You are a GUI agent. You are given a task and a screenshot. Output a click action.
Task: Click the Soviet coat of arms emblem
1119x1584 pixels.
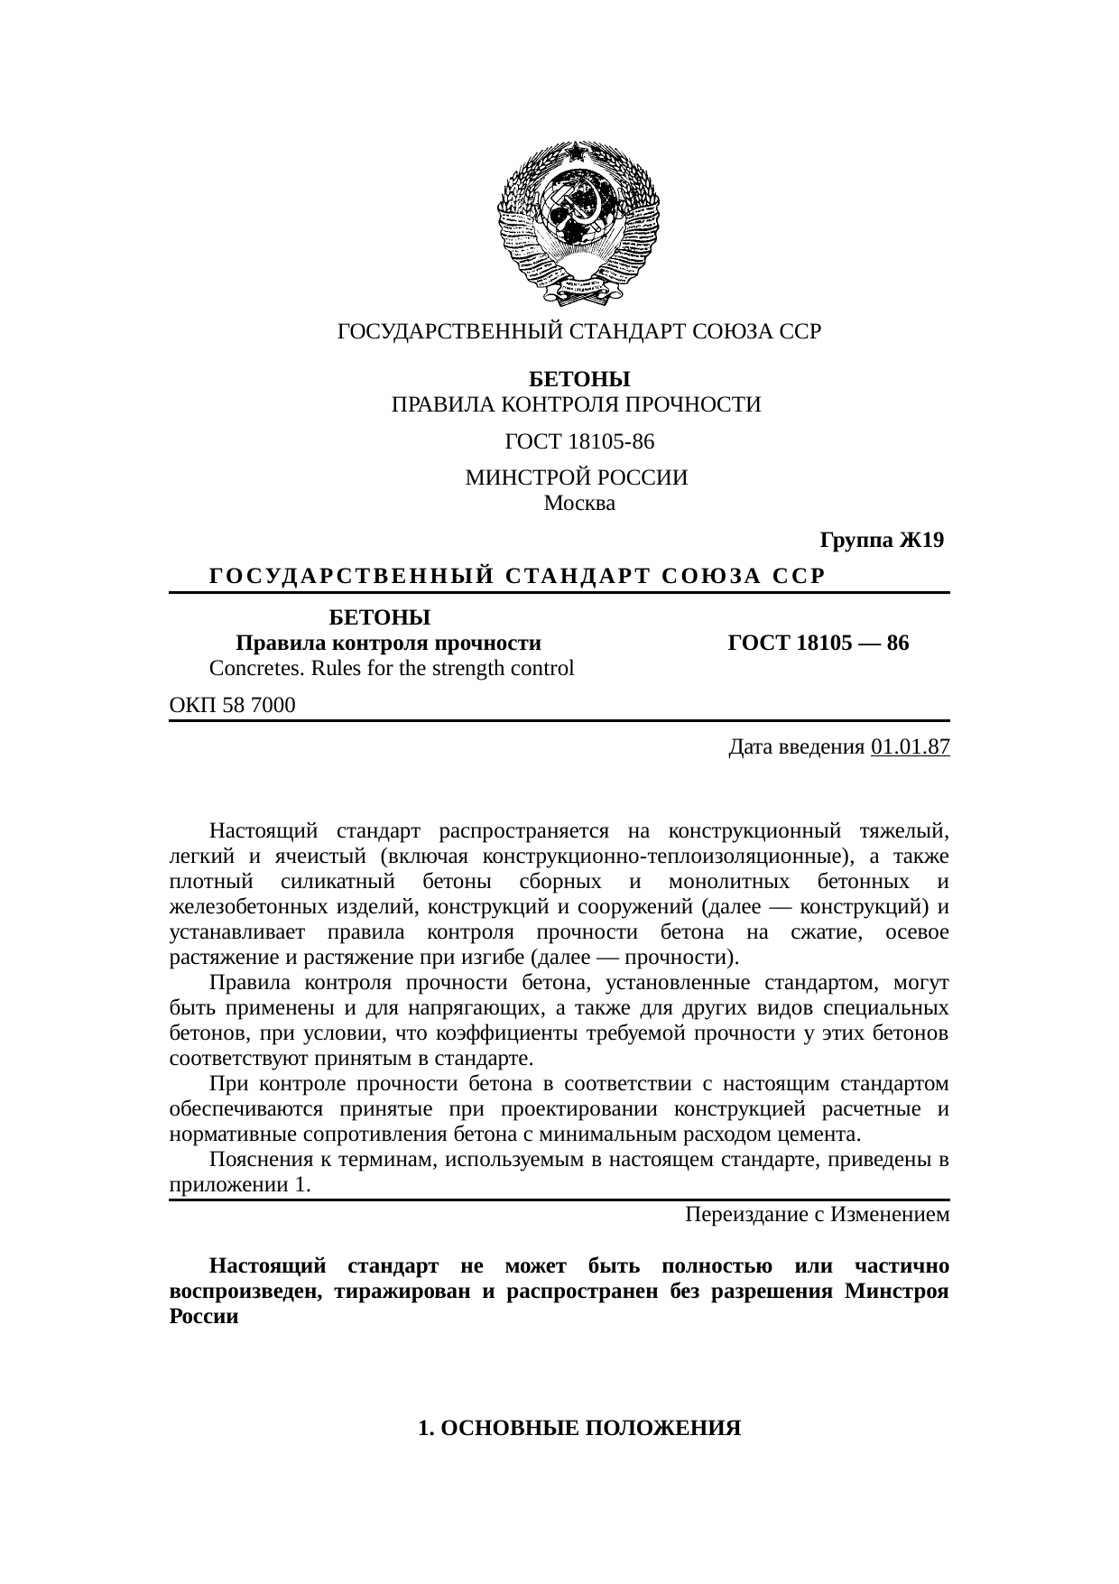578,223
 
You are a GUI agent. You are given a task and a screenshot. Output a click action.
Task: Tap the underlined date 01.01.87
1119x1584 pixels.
911,747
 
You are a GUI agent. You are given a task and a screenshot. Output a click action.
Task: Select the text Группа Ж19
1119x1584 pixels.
881,541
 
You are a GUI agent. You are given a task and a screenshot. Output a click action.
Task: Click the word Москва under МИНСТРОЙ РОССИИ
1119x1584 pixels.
579,504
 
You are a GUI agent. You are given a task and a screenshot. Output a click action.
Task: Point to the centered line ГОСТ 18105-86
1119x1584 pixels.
579,442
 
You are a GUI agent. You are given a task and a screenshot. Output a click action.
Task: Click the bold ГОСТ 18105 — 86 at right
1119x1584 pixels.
818,644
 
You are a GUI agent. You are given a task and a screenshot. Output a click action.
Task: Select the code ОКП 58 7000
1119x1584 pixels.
232,705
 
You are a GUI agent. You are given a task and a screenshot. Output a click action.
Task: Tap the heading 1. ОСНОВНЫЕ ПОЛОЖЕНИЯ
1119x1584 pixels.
579,1428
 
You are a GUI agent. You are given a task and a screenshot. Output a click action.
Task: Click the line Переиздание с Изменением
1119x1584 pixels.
817,1214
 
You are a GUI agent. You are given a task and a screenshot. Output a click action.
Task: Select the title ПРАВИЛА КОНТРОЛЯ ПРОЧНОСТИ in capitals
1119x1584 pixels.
576,404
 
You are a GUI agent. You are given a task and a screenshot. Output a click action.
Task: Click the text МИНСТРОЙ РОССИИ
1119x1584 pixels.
577,477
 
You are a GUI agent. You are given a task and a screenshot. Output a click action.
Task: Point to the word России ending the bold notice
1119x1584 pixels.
204,1316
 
